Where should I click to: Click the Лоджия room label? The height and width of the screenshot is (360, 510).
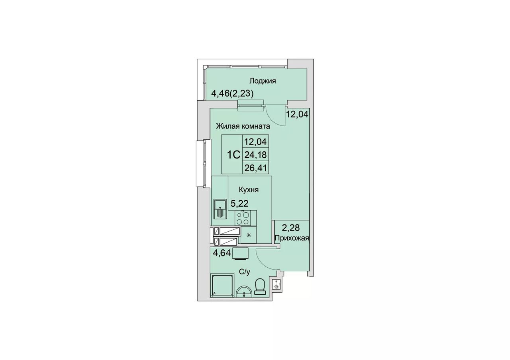(263, 81)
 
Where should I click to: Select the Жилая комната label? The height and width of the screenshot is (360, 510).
(243, 126)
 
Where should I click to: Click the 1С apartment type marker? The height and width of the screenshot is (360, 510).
(234, 155)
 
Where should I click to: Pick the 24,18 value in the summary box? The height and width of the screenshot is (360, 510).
(255, 155)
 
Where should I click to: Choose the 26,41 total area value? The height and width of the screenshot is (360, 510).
(255, 168)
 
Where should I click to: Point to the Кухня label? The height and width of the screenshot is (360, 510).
(249, 190)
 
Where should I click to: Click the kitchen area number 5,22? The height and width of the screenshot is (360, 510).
(239, 203)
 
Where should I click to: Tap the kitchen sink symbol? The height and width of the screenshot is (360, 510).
(220, 209)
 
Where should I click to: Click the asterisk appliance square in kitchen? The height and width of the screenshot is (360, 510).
(249, 235)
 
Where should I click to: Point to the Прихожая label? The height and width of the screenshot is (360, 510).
(292, 238)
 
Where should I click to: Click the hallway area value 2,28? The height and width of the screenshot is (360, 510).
(291, 227)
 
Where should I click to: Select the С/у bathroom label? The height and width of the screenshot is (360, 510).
(245, 272)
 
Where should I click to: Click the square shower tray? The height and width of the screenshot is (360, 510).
(222, 286)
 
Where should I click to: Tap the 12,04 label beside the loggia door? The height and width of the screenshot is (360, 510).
(297, 114)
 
